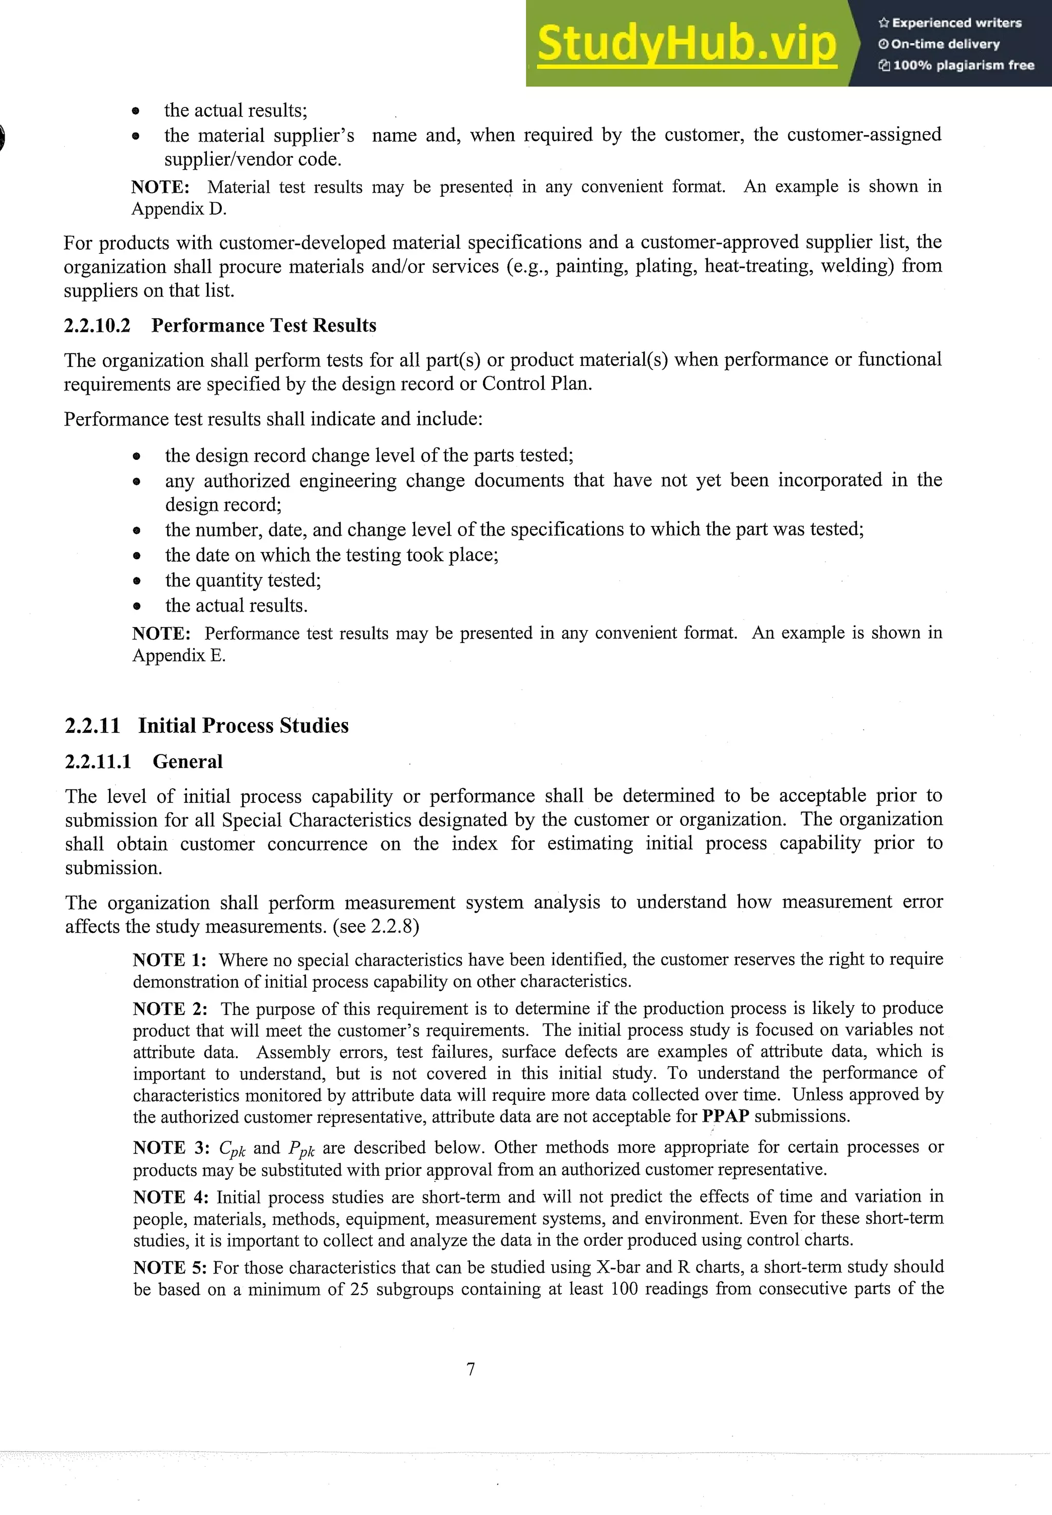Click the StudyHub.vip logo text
[x=686, y=44]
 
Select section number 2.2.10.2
[x=97, y=326]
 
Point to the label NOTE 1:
[x=170, y=960]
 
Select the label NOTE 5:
[x=170, y=1267]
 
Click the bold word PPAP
[x=725, y=1116]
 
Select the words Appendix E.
[x=179, y=655]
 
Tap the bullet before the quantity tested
[x=137, y=581]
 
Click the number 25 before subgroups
[x=359, y=1289]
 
